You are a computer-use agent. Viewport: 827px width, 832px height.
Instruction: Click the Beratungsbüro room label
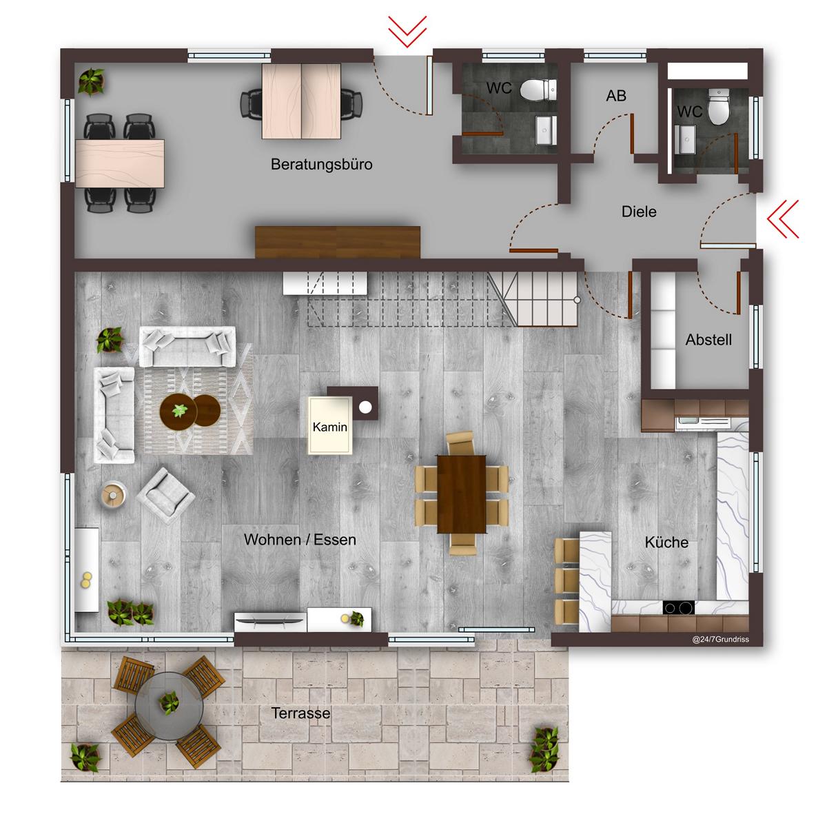pyautogui.click(x=321, y=165)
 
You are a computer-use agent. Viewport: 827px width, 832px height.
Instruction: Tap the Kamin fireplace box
pyautogui.click(x=329, y=425)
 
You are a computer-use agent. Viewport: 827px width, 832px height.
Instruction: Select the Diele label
pyautogui.click(x=639, y=212)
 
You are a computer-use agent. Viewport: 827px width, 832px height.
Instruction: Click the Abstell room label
pyautogui.click(x=708, y=340)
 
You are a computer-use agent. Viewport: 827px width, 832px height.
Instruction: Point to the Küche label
pyautogui.click(x=666, y=542)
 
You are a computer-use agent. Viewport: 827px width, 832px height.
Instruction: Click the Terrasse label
pyautogui.click(x=300, y=713)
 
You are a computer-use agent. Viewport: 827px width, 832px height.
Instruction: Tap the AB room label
pyautogui.click(x=616, y=96)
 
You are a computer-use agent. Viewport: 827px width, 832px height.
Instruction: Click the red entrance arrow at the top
pyautogui.click(x=407, y=31)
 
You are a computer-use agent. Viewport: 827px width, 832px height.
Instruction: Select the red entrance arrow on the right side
pyautogui.click(x=782, y=219)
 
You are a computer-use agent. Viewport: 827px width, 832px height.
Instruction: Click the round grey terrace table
pyautogui.click(x=169, y=706)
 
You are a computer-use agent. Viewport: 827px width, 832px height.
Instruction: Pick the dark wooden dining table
pyautogui.click(x=462, y=494)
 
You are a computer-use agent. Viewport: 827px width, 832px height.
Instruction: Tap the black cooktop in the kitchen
pyautogui.click(x=678, y=608)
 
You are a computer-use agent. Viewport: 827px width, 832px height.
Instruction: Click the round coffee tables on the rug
pyautogui.click(x=190, y=411)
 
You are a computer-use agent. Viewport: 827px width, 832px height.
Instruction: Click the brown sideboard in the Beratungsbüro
pyautogui.click(x=337, y=242)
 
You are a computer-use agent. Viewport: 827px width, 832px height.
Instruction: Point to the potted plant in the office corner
pyautogui.click(x=91, y=81)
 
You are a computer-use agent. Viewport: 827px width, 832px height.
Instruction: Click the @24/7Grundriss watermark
pyautogui.click(x=720, y=640)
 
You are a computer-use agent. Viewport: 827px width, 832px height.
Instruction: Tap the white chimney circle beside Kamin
pyautogui.click(x=365, y=407)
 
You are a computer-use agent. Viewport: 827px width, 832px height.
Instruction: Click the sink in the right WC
pyautogui.click(x=684, y=139)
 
